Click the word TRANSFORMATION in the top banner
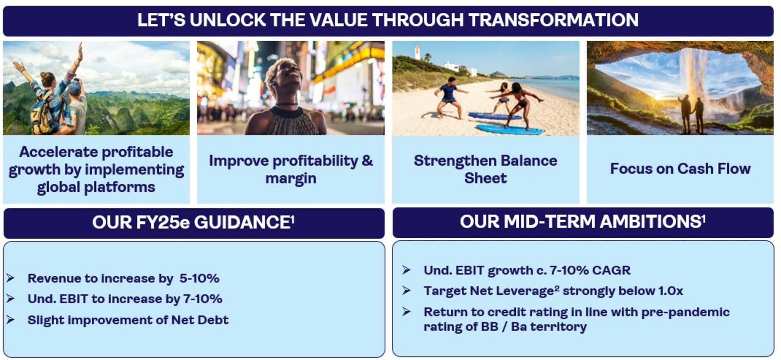553,20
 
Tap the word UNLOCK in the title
227,20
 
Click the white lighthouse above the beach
418,53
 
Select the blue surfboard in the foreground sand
509,129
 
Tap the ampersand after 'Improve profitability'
367,160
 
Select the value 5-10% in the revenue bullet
199,278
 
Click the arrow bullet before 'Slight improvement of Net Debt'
11,320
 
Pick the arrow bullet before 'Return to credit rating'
406,312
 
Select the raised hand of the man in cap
80,48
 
